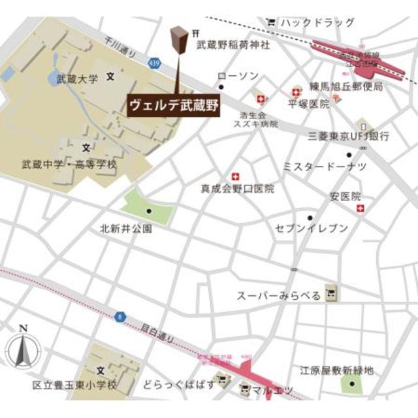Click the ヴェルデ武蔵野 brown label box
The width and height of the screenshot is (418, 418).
[x=172, y=104]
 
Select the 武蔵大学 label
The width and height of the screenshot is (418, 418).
[x=77, y=79]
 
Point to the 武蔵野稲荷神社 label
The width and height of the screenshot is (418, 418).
[x=233, y=46]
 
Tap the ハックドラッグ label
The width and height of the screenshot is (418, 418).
[x=318, y=23]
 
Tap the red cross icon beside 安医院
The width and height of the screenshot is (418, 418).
[x=361, y=208]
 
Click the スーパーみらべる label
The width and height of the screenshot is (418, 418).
[x=279, y=296]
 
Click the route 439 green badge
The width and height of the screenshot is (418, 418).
[x=153, y=62]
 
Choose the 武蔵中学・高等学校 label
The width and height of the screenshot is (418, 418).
[x=69, y=165]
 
